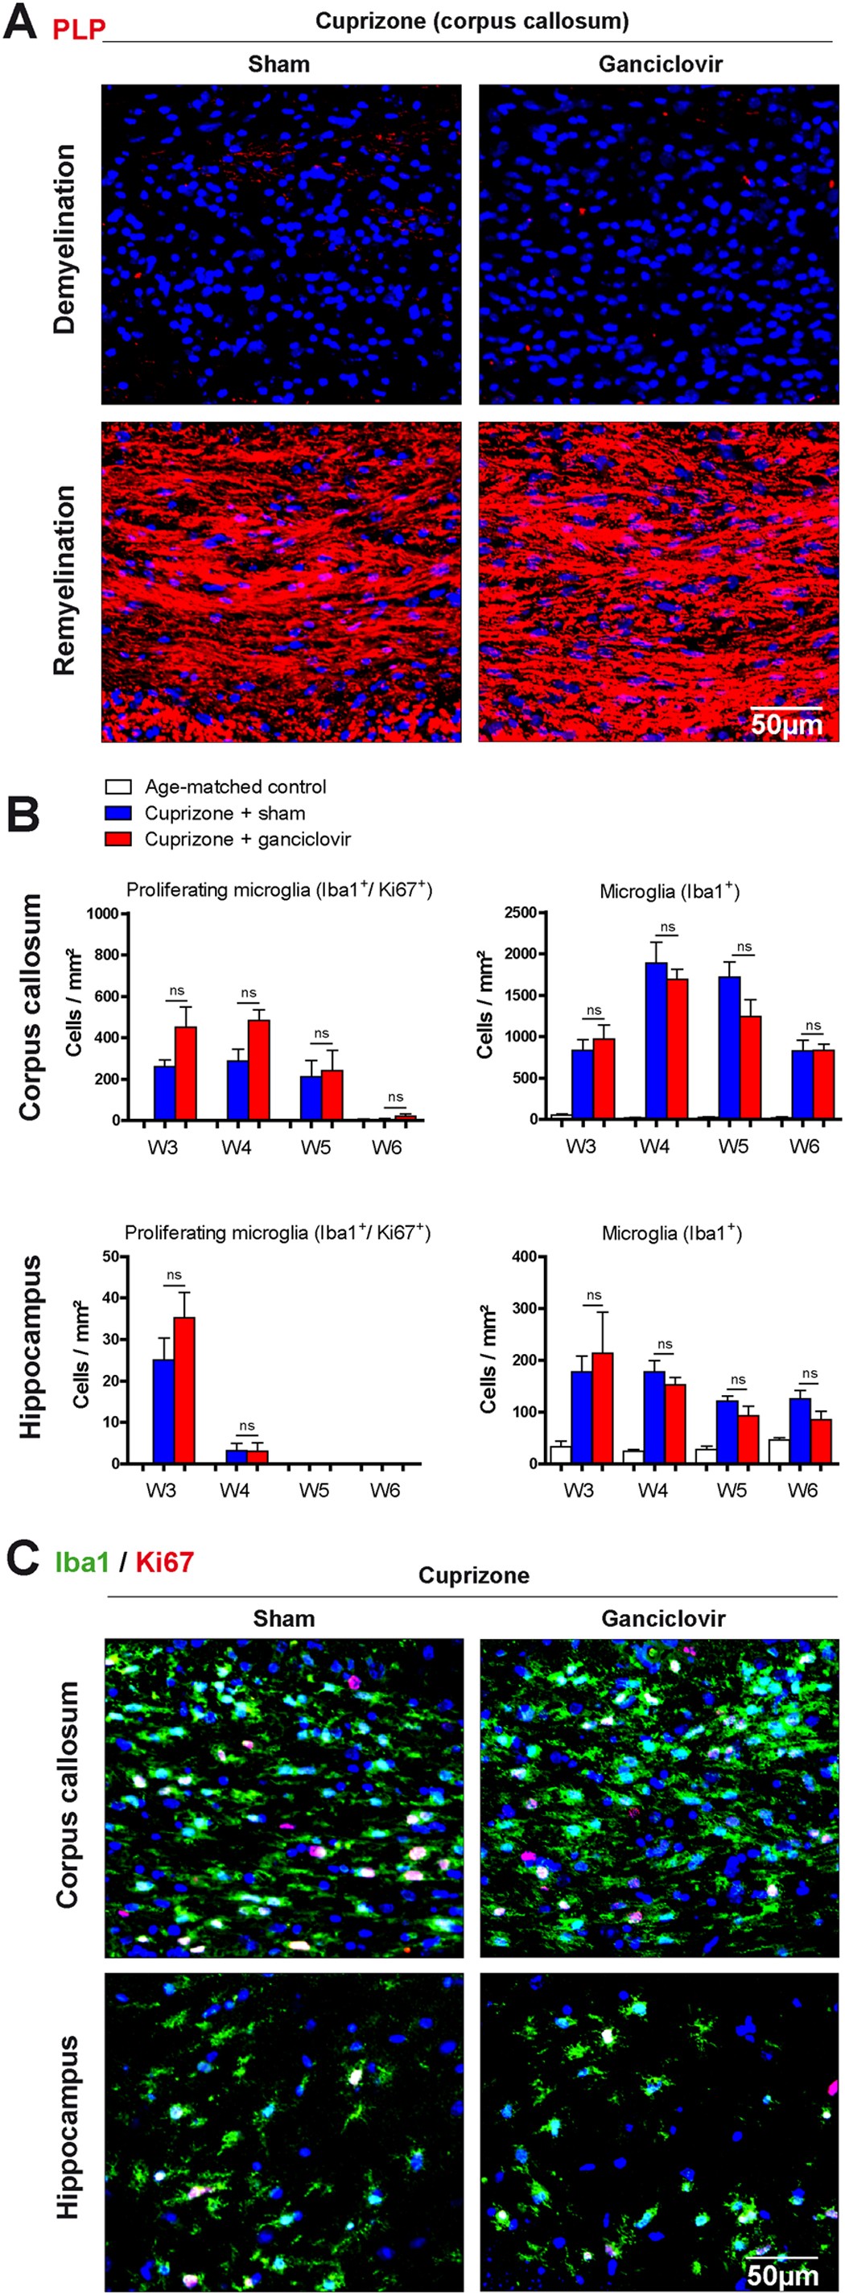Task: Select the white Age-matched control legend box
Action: coord(118,786)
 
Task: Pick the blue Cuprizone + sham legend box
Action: coord(118,812)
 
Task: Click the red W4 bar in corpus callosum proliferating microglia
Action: coord(259,1069)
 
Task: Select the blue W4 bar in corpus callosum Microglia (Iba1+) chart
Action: coord(656,1041)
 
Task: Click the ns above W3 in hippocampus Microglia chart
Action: coord(594,1295)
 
